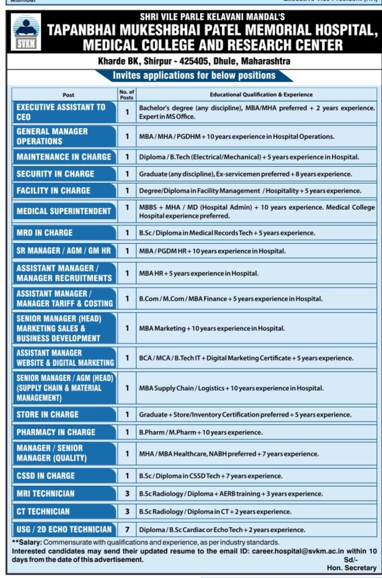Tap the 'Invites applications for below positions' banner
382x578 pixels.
pos(195,76)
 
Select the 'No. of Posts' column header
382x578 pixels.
pos(127,94)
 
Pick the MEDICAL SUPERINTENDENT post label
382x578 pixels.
pos(64,211)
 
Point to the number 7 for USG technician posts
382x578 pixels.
pos(127,529)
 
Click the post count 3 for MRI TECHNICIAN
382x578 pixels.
pos(127,494)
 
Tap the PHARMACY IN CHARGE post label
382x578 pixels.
pos(56,432)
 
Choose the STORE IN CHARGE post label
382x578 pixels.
pos(47,415)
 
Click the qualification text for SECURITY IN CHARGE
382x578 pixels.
pos(245,174)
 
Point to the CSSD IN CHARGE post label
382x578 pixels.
pos(45,476)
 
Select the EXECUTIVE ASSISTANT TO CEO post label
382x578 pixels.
pos(60,112)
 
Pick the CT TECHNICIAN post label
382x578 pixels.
pos(43,512)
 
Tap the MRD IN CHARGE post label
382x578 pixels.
pos(44,233)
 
